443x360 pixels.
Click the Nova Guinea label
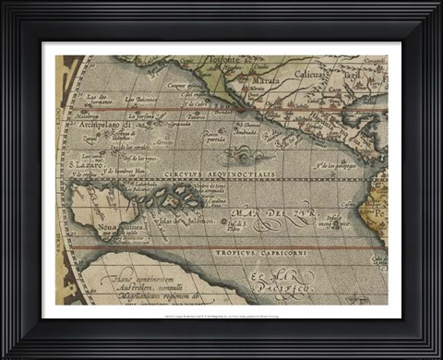[x=96, y=228]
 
